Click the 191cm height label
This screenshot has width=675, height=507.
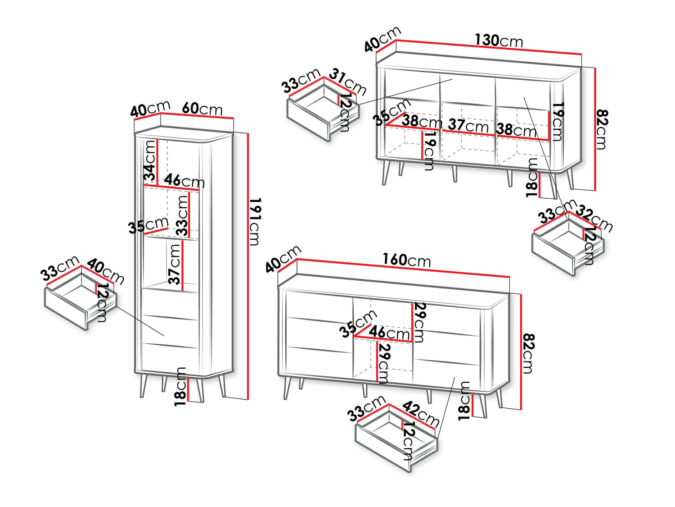click(254, 222)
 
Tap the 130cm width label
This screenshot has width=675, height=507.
click(499, 41)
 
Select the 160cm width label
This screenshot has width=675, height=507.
click(406, 260)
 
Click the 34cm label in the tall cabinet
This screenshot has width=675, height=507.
click(150, 160)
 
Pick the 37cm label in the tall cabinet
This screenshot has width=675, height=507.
click(175, 264)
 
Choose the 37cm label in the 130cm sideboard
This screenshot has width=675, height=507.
click(468, 125)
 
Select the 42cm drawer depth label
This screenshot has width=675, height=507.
click(421, 413)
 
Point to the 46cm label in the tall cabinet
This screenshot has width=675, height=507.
click(184, 181)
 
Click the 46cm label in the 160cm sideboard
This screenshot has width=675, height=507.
click(389, 333)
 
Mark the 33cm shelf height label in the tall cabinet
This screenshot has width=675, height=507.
click(182, 215)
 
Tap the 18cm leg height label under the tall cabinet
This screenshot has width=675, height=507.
click(180, 386)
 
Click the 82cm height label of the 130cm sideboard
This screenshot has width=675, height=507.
click(601, 129)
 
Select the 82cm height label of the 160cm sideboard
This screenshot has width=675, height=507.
click(527, 353)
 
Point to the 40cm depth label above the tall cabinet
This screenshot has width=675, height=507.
click(150, 109)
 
